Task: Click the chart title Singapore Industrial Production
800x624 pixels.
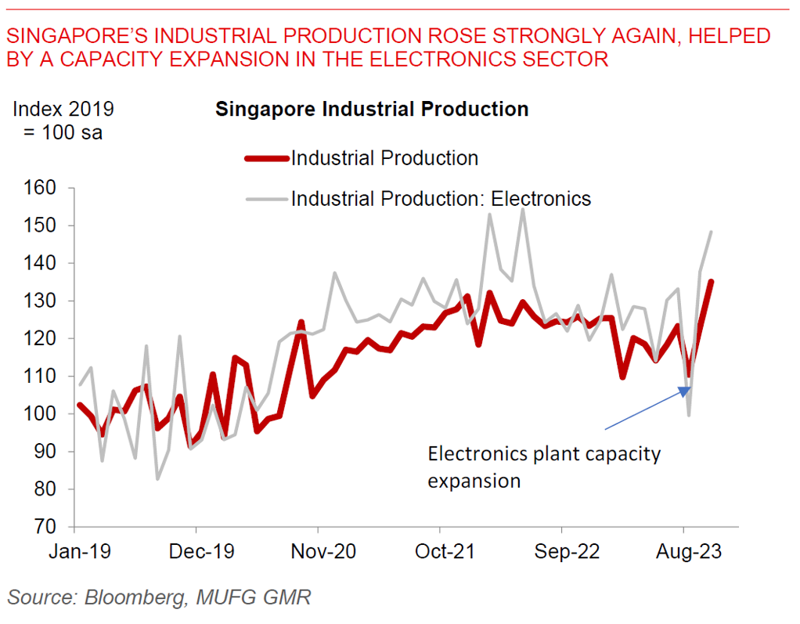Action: coord(372,109)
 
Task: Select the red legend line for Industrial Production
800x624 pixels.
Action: coord(266,158)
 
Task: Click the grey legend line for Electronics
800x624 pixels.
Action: coord(266,199)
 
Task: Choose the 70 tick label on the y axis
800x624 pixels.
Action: coord(45,527)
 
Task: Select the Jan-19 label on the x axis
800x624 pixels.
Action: coord(79,551)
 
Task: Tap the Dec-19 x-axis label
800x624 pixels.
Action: coord(201,551)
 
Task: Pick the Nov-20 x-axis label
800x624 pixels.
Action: coord(323,551)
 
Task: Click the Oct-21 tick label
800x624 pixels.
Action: coord(445,551)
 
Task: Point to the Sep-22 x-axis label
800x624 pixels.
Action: coord(567,551)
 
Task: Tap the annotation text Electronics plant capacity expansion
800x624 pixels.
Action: coord(543,467)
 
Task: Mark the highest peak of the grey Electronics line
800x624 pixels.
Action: coord(523,209)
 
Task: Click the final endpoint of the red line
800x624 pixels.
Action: coord(711,281)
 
